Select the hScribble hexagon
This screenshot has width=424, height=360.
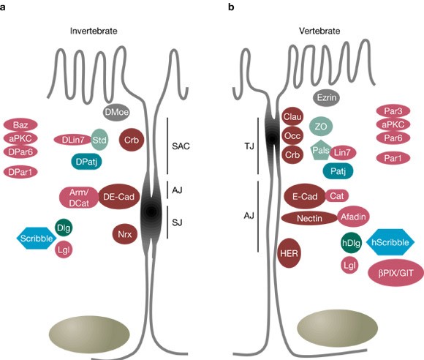pos(390,241)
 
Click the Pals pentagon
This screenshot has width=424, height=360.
pos(319,151)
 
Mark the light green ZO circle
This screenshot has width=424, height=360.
pos(320,127)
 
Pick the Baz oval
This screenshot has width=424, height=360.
pos(21,125)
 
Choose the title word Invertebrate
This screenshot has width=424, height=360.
pos(94,31)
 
